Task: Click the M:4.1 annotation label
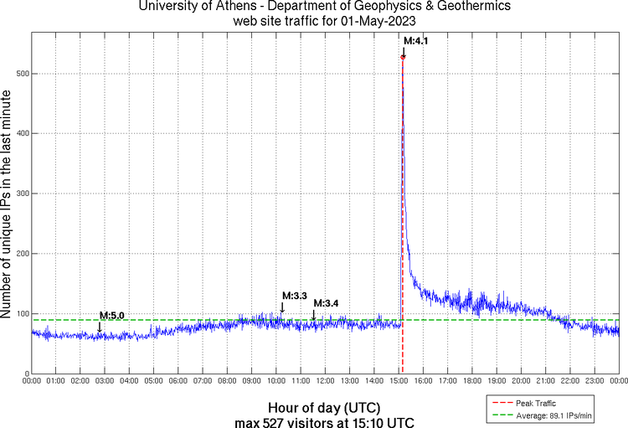tap(416, 40)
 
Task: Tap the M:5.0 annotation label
tap(111, 315)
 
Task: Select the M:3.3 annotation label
tap(295, 296)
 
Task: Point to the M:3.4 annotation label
tap(326, 302)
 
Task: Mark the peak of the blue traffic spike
tap(403, 57)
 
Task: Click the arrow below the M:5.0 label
tap(100, 327)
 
